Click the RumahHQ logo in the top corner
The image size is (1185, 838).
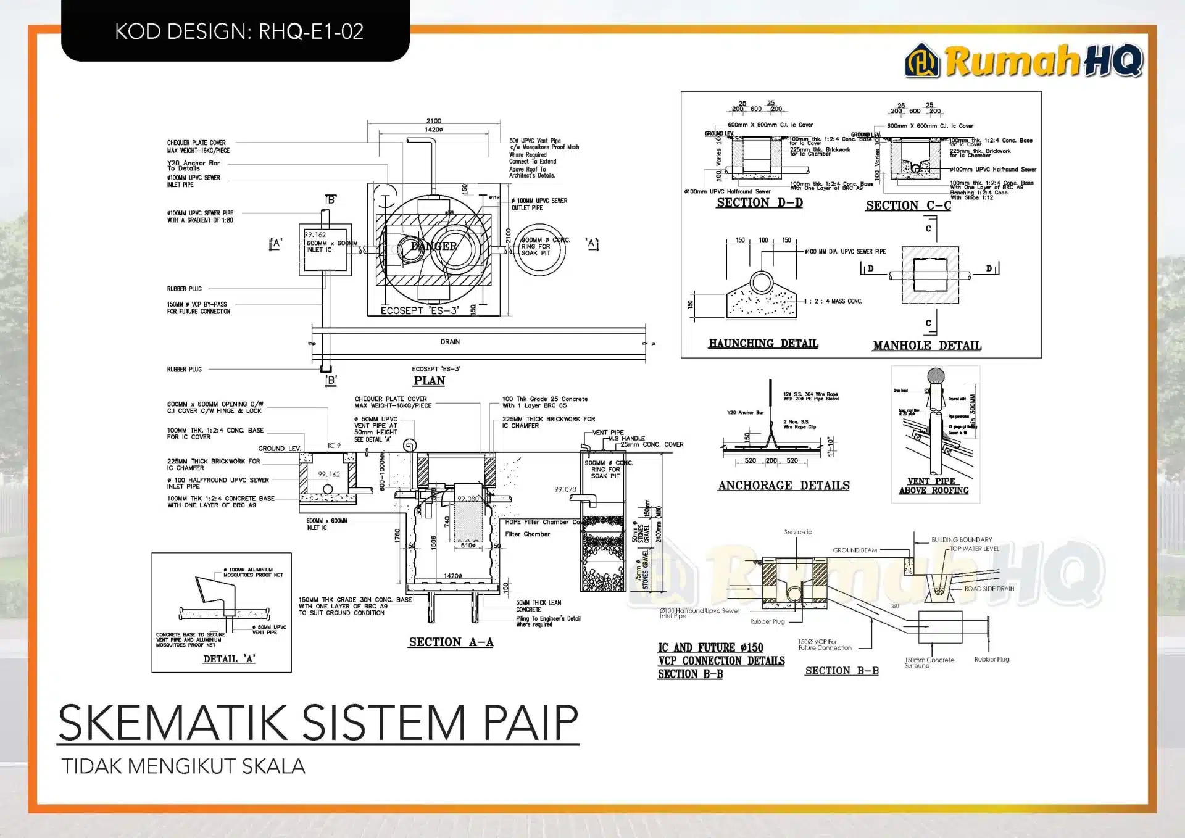click(1024, 61)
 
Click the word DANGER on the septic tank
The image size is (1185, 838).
click(434, 246)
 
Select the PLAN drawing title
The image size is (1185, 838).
click(430, 381)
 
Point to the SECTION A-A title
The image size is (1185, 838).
click(451, 642)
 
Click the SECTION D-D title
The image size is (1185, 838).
click(759, 203)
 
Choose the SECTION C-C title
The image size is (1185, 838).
click(908, 205)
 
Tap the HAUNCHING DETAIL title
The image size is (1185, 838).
click(763, 344)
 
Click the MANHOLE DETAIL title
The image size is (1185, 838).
click(926, 346)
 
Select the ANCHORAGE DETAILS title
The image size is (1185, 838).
click(783, 486)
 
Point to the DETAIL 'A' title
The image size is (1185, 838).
click(229, 659)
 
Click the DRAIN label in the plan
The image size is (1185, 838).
click(450, 342)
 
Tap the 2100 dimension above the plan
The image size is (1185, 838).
click(433, 121)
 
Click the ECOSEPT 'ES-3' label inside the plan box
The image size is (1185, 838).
click(419, 310)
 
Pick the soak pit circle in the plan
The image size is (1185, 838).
click(539, 250)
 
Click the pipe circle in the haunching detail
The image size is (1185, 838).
click(762, 283)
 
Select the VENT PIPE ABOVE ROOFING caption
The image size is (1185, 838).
click(933, 486)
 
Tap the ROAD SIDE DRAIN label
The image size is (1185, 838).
click(989, 589)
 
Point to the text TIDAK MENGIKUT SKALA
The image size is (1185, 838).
click(183, 766)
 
